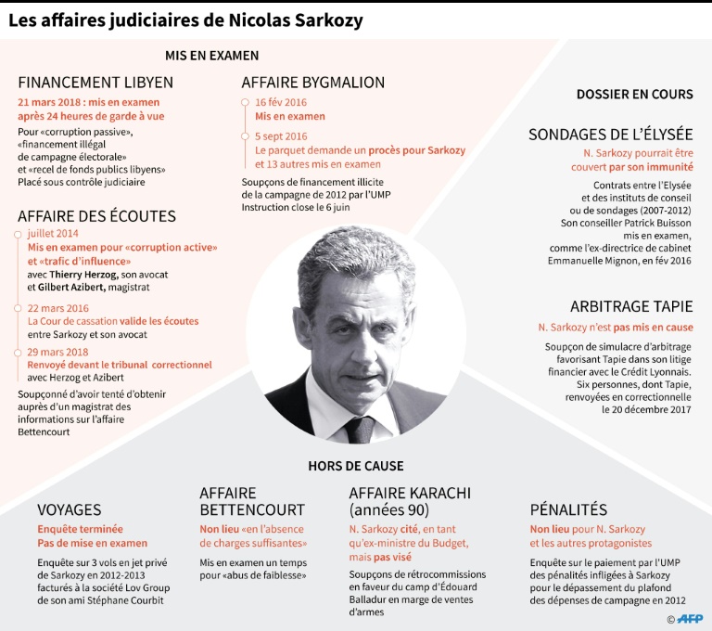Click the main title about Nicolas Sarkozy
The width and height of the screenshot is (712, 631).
(185, 19)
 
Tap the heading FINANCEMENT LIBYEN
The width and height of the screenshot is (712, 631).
(95, 83)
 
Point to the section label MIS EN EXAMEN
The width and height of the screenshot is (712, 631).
(211, 55)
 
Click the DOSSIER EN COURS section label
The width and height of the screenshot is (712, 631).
(634, 94)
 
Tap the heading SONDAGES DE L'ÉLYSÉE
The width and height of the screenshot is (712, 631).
(611, 135)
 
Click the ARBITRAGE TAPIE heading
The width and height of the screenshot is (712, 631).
(631, 306)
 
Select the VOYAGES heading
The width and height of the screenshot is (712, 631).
(70, 509)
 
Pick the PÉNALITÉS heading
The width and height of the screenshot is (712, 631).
(568, 509)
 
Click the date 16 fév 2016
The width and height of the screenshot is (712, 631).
(281, 102)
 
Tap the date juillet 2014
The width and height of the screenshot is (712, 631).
(53, 234)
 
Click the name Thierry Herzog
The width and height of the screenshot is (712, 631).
(88, 275)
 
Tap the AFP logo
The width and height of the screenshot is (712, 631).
(690, 618)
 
